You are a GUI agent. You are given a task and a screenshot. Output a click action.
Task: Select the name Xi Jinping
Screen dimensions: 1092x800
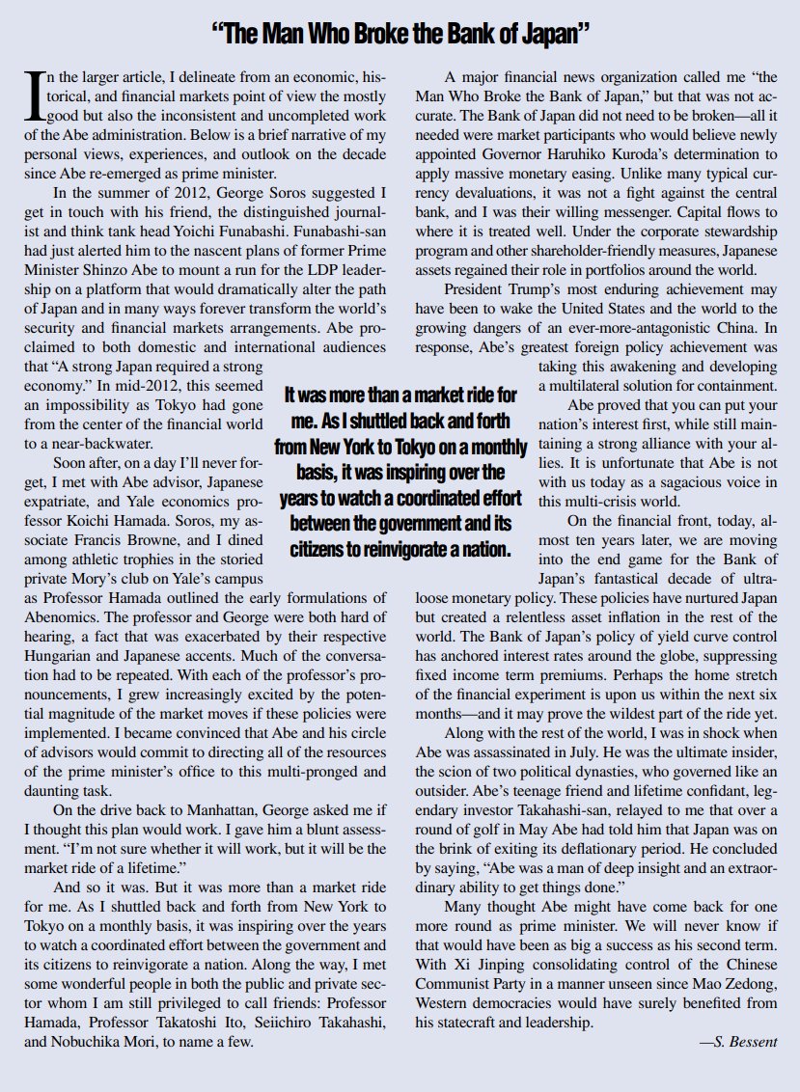pos(480,965)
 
